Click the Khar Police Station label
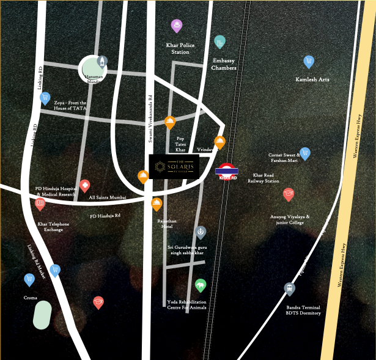pos(181,48)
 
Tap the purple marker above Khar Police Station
pos(177,26)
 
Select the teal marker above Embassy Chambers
pos(220,42)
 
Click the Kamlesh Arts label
pos(312,79)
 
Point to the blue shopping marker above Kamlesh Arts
pos(309,61)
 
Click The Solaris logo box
pos(175,166)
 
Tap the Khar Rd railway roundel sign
pos(227,171)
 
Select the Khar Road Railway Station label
pos(263,178)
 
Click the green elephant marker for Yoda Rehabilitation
pos(201,285)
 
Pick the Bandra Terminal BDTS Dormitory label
pos(303,310)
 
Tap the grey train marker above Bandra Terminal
pos(289,288)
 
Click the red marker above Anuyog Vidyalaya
pos(289,194)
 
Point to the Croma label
pos(30,298)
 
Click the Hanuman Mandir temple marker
pos(102,61)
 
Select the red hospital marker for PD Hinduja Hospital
pos(84,185)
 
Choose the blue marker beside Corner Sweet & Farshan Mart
pos(305,153)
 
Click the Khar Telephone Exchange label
pos(53,227)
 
